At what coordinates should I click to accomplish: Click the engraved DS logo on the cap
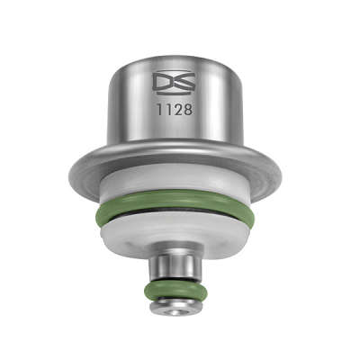pyautogui.click(x=174, y=84)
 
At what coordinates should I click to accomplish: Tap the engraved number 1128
pyautogui.click(x=175, y=110)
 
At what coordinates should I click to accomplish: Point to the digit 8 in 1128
pyautogui.click(x=186, y=110)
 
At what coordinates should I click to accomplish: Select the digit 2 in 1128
pyautogui.click(x=177, y=110)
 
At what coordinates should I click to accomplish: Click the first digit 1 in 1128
pyautogui.click(x=160, y=110)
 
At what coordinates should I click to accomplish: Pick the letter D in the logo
pyautogui.click(x=162, y=81)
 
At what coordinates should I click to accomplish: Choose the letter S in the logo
pyautogui.click(x=184, y=81)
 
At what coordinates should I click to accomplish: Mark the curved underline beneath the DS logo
pyautogui.click(x=174, y=94)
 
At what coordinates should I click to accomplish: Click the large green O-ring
pyautogui.click(x=174, y=207)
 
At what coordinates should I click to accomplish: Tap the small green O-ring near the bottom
pyautogui.click(x=175, y=290)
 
